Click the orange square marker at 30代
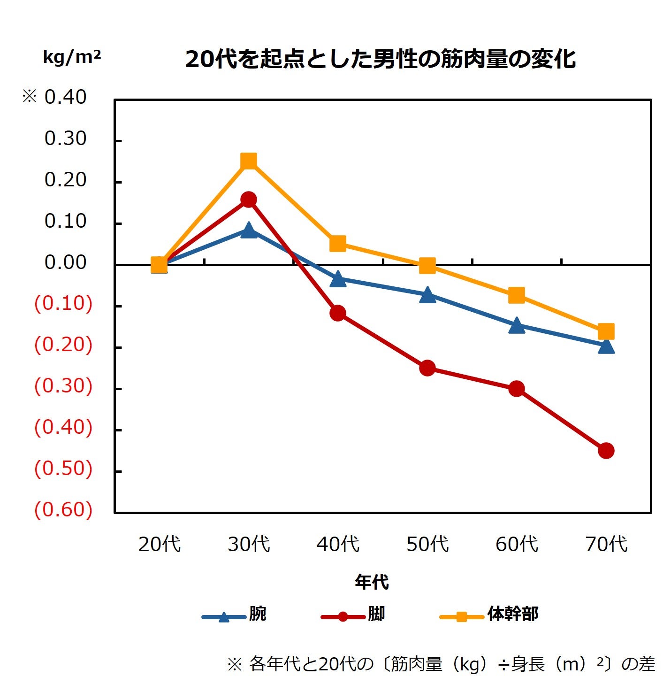(249, 161)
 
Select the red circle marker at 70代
(606, 451)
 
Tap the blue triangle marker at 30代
(249, 231)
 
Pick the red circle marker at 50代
(427, 368)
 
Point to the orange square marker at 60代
(517, 295)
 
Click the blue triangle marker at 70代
(606, 346)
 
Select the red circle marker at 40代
(338, 313)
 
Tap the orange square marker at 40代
(338, 243)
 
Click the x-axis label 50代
(427, 544)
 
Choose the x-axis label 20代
(159, 544)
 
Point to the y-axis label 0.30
(65, 138)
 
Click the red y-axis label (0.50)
(63, 469)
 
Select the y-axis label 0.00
(65, 262)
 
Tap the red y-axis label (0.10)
(63, 303)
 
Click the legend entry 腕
(257, 614)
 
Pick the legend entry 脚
(376, 614)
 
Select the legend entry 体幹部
(512, 614)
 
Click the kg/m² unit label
(72, 57)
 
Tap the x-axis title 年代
(372, 582)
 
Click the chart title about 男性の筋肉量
(380, 59)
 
